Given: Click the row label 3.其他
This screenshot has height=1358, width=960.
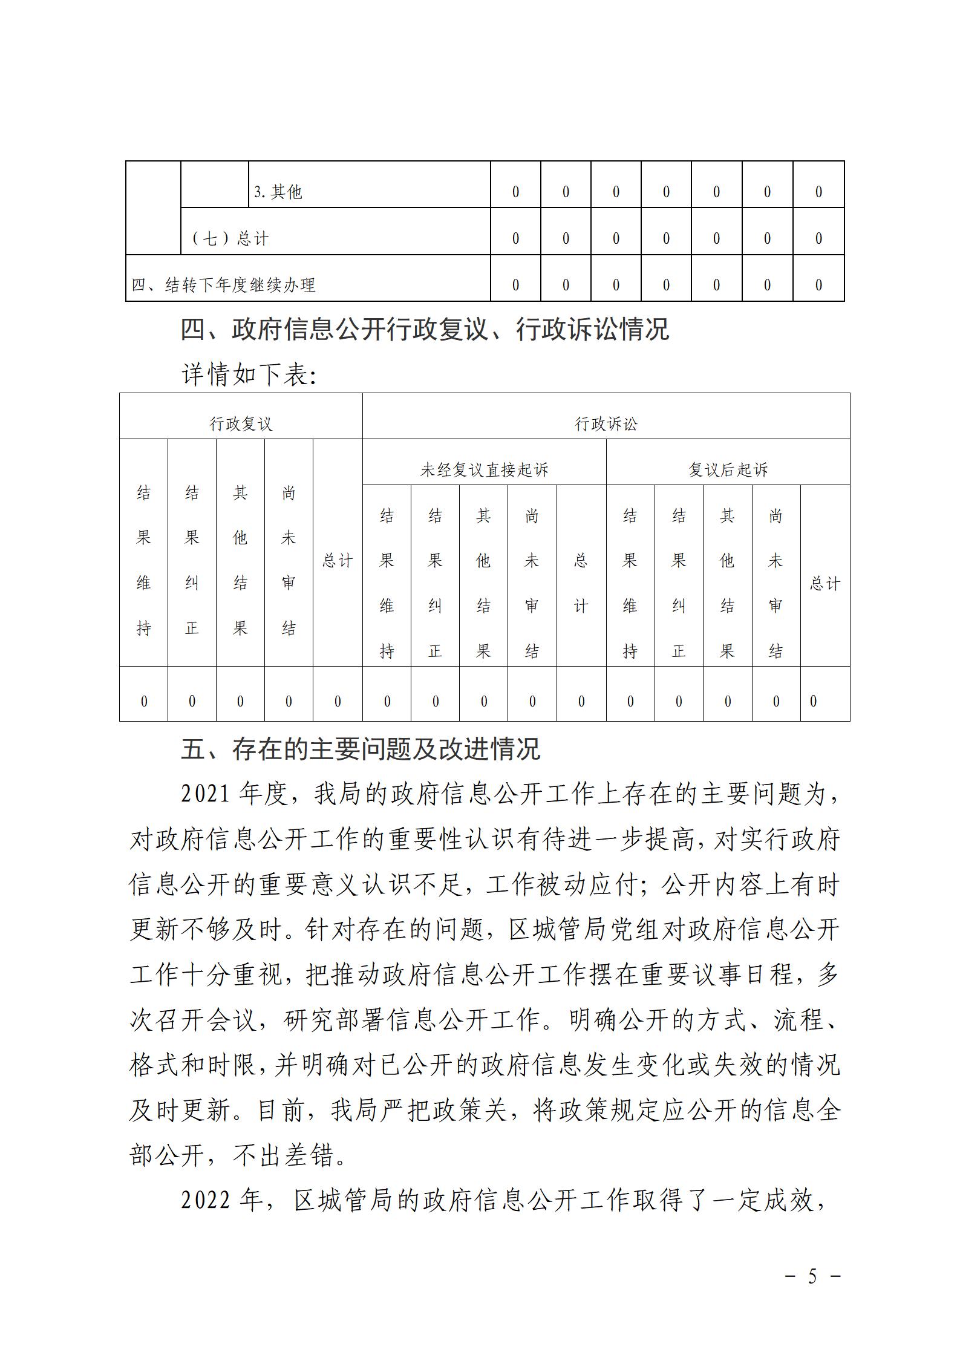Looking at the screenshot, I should point(278,192).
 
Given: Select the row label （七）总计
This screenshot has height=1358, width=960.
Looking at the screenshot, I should point(230,239).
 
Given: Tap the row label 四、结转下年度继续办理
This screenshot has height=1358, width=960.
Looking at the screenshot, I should point(223,285).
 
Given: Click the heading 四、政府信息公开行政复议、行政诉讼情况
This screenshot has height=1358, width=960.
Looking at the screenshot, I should point(425,330).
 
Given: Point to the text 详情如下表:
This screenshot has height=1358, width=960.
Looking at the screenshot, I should point(249,376).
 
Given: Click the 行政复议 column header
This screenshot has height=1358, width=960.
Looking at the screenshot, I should point(241,423).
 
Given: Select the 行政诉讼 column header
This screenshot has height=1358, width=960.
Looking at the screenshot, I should point(606,423).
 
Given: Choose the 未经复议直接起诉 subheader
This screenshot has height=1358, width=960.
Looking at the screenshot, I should point(484,469).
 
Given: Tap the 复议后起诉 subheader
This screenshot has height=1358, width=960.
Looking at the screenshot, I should point(728,469).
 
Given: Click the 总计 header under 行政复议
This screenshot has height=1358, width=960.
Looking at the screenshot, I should point(337,561).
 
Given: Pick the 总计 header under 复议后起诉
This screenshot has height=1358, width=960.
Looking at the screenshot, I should point(824,584).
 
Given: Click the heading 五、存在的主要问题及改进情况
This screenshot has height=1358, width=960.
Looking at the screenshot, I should point(361,750).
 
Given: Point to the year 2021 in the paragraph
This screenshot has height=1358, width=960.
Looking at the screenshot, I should point(206,795).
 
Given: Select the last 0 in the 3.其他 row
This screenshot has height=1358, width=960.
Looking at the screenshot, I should point(818,192).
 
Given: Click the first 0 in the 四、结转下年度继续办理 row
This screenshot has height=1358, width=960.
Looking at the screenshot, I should point(515,285).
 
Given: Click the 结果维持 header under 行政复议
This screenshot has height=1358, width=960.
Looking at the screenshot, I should point(143,561).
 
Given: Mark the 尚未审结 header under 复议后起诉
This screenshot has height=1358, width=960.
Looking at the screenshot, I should point(776,584).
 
